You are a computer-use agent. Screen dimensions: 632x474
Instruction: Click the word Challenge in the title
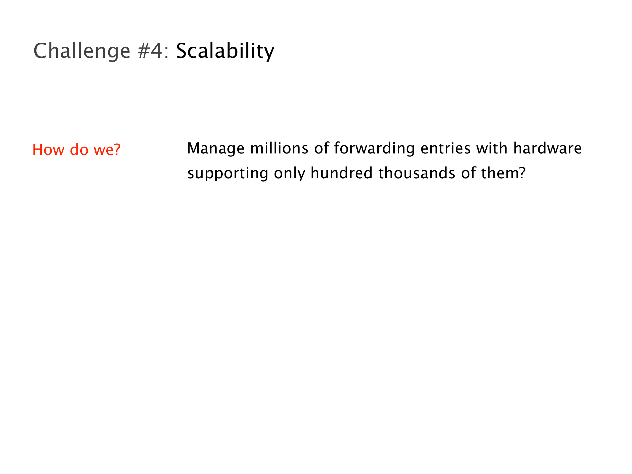click(x=82, y=51)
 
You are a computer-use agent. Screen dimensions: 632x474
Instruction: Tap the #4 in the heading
click(x=150, y=51)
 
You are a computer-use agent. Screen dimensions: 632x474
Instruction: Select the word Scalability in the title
click(x=225, y=51)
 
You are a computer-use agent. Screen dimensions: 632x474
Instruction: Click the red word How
click(x=48, y=149)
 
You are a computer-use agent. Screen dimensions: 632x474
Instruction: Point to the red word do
click(x=79, y=149)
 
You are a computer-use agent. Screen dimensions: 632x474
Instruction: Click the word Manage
click(x=216, y=149)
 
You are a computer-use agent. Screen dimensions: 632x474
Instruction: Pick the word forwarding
click(x=374, y=149)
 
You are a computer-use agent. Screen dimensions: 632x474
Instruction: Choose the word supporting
click(x=228, y=174)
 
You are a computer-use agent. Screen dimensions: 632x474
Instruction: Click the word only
click(x=289, y=174)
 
